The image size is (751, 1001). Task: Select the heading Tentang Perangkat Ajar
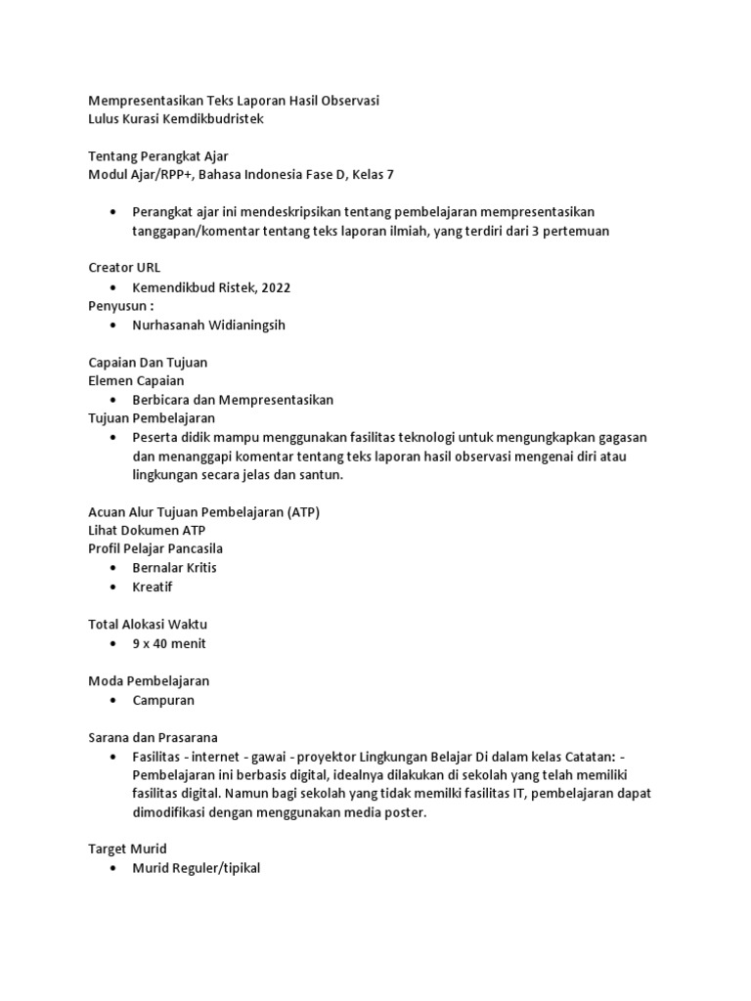pos(158,155)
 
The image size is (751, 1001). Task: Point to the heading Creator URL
pos(125,267)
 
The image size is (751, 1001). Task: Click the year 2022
pos(273,286)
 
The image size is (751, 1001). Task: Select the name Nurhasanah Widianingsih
pos(208,325)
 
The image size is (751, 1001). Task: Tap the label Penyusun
pos(119,305)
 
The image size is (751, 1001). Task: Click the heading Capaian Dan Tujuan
pos(148,362)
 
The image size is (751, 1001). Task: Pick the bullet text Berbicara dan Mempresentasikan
pos(233,400)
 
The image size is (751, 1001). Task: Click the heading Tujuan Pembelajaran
pos(152,417)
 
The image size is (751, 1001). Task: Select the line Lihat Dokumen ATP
pos(147,530)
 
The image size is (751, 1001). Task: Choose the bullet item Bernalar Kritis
pos(175,568)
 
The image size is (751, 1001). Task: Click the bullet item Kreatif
pos(153,587)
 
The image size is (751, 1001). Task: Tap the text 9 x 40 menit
pos(169,643)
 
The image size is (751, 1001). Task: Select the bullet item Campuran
pos(163,700)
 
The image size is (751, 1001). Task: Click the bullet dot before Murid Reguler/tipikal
pos(114,868)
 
